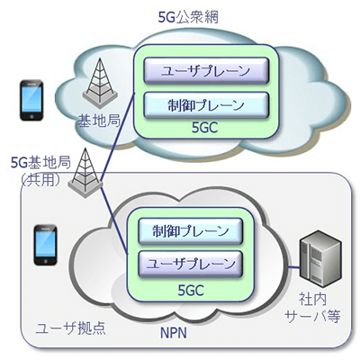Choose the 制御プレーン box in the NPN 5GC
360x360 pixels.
click(x=184, y=230)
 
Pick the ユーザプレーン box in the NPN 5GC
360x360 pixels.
click(x=184, y=264)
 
